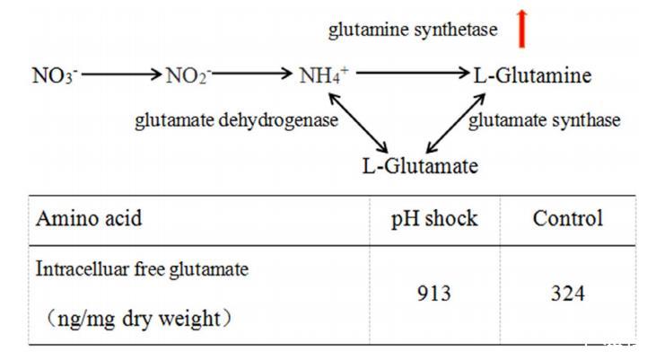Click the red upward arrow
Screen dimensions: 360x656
click(521, 31)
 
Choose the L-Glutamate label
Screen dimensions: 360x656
click(420, 166)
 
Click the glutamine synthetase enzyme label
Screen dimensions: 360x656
click(413, 31)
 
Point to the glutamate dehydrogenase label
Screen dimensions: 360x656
click(236, 121)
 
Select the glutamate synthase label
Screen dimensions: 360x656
click(544, 121)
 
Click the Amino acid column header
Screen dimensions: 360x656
click(88, 219)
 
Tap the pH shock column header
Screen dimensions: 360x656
click(434, 219)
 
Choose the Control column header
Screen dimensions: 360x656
click(567, 219)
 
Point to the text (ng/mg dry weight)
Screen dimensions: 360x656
click(135, 320)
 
